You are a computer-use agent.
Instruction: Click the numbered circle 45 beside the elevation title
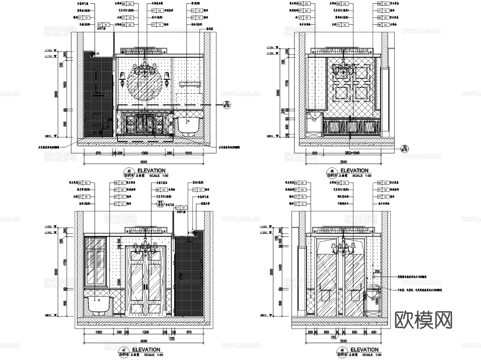pyautogui.click(x=129, y=171)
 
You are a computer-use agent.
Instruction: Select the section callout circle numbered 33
pyautogui.click(x=405, y=148)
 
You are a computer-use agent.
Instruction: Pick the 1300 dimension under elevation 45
pyautogui.click(x=144, y=153)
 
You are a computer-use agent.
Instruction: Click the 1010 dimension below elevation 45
pyautogui.click(x=188, y=153)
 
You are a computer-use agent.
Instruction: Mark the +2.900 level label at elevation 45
pyautogui.click(x=48, y=51)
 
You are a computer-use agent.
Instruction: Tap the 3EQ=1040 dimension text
pyautogui.click(x=352, y=153)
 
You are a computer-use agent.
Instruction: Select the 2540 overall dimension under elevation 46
pyautogui.click(x=343, y=162)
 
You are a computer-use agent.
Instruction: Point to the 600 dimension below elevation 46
pyautogui.click(x=315, y=153)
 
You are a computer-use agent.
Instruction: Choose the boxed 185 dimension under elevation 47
pyautogui.click(x=172, y=338)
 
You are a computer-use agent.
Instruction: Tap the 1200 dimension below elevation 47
pyautogui.click(x=146, y=332)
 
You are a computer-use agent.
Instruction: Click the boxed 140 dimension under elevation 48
pyautogui.click(x=333, y=337)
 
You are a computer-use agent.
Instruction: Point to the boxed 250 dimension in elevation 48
pyautogui.click(x=377, y=271)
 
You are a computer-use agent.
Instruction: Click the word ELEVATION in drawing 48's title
pyautogui.click(x=364, y=350)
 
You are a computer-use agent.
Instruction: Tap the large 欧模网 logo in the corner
pyautogui.click(x=423, y=320)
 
